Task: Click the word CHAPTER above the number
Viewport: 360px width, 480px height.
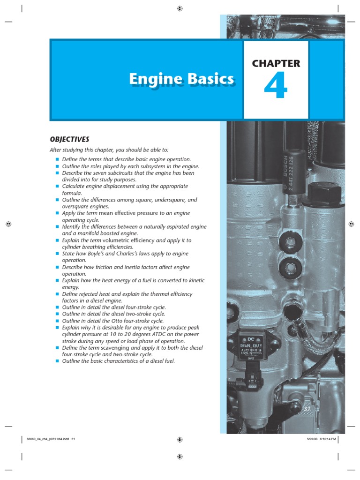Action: point(276,64)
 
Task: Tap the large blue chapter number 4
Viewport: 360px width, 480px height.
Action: point(275,88)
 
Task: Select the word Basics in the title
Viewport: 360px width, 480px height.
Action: point(210,79)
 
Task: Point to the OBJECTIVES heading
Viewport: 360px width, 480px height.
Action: point(69,139)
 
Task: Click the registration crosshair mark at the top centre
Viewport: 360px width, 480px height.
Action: point(180,8)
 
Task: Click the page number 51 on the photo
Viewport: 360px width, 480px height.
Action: point(307,409)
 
